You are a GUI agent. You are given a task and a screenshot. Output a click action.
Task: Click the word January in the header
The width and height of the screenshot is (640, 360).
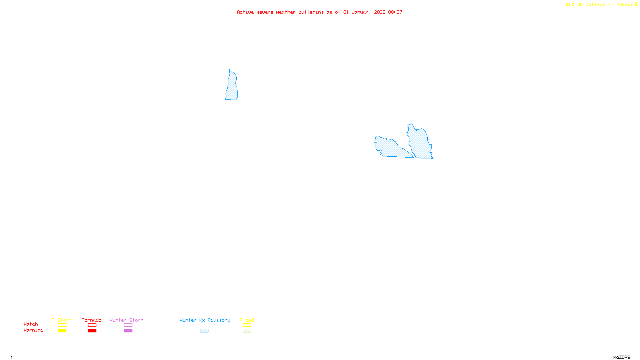click(361, 12)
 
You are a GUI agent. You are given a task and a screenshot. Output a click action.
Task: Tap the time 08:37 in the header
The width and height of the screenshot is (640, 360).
click(395, 12)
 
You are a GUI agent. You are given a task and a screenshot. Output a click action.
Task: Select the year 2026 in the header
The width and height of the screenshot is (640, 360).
click(380, 12)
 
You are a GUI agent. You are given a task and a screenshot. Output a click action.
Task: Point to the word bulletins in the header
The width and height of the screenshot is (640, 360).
click(311, 12)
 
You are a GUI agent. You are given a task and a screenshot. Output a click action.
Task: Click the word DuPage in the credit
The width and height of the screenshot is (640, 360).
click(624, 5)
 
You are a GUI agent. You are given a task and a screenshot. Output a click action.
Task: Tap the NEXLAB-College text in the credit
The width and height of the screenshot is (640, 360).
click(585, 5)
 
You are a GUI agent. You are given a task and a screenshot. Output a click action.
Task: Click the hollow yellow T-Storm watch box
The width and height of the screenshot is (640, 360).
click(62, 325)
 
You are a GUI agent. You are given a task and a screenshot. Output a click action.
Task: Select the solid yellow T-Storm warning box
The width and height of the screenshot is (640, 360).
click(62, 331)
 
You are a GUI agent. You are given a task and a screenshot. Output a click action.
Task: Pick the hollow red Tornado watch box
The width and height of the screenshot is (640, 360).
click(92, 325)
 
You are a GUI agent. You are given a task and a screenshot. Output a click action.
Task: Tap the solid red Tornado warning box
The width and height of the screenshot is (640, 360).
click(92, 331)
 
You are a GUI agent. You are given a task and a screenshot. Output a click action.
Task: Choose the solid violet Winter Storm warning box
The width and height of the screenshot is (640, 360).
click(128, 331)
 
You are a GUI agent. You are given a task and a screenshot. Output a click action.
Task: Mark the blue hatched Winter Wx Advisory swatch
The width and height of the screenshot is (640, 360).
click(204, 331)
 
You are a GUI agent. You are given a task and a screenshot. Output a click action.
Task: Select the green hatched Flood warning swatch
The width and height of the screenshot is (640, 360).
click(247, 331)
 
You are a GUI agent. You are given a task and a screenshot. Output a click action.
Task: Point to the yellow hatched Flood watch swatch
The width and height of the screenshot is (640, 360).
click(247, 325)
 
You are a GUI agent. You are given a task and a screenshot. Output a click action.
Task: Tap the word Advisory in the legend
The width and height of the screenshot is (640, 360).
click(219, 320)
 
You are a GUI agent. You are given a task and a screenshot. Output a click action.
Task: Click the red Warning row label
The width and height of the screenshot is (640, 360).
click(33, 330)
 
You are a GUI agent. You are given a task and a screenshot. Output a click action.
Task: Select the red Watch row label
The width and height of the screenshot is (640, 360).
click(30, 324)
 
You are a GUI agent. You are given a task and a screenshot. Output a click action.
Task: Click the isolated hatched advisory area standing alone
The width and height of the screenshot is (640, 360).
click(232, 86)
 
